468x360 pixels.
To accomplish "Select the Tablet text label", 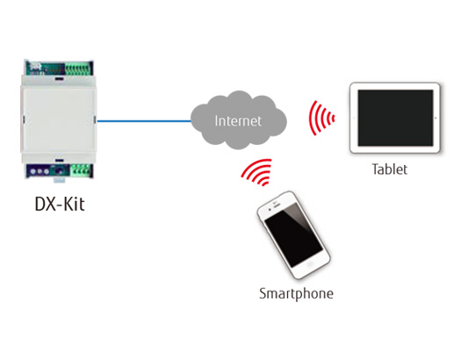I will (388, 169).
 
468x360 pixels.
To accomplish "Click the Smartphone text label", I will (296, 292).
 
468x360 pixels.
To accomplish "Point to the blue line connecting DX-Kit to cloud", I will (145, 121).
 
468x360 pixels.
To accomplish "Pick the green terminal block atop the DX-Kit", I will (75, 67).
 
